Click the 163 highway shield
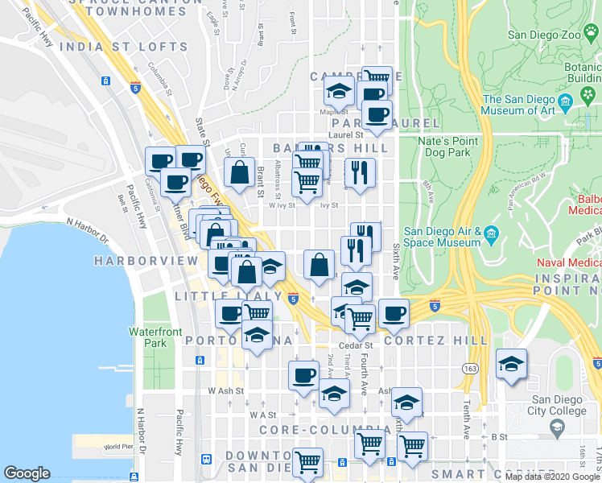(x=469, y=368)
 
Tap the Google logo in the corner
(x=27, y=473)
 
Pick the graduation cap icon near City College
(x=511, y=364)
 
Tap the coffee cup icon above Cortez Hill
(x=394, y=313)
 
